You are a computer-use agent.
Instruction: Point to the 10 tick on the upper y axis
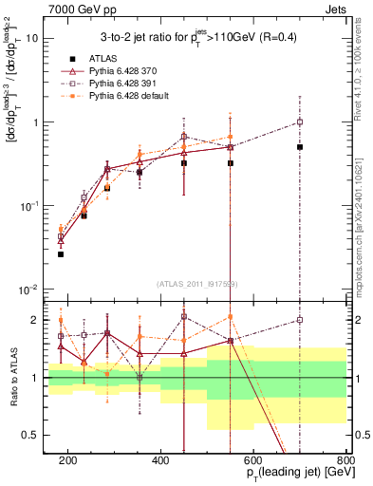(x=32, y=39)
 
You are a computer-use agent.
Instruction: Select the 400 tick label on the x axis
(x=160, y=460)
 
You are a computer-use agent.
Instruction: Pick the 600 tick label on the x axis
(x=253, y=460)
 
